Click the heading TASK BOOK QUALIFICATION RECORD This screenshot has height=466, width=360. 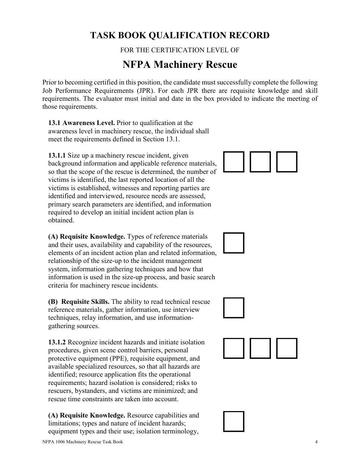pyautogui.click(x=180, y=36)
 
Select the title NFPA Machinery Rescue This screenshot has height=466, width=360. pyautogui.click(x=180, y=65)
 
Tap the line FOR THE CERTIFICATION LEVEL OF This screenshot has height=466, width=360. pyautogui.click(x=180, y=50)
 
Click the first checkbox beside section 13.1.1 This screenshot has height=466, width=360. pyautogui.click(x=234, y=162)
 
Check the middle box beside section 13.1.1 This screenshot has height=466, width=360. pyautogui.click(x=260, y=162)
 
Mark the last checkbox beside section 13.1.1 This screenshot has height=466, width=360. pyautogui.click(x=287, y=162)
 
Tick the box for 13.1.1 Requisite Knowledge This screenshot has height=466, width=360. pyautogui.click(x=234, y=243)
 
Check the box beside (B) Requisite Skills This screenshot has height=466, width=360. pyautogui.click(x=234, y=308)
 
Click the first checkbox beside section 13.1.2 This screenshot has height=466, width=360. pyautogui.click(x=234, y=348)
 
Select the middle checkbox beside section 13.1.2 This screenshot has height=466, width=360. pyautogui.click(x=260, y=348)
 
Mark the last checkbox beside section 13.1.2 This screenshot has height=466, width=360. pyautogui.click(x=287, y=348)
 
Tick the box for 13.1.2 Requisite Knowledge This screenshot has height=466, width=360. pyautogui.click(x=234, y=421)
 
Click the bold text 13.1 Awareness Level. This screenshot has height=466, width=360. pyautogui.click(x=81, y=123)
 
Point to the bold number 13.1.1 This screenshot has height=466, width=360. pyautogui.click(x=57, y=155)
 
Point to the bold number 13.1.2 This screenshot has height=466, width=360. pyautogui.click(x=57, y=342)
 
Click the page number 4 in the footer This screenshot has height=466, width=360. pyautogui.click(x=316, y=442)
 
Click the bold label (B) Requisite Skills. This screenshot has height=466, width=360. pyautogui.click(x=79, y=302)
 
